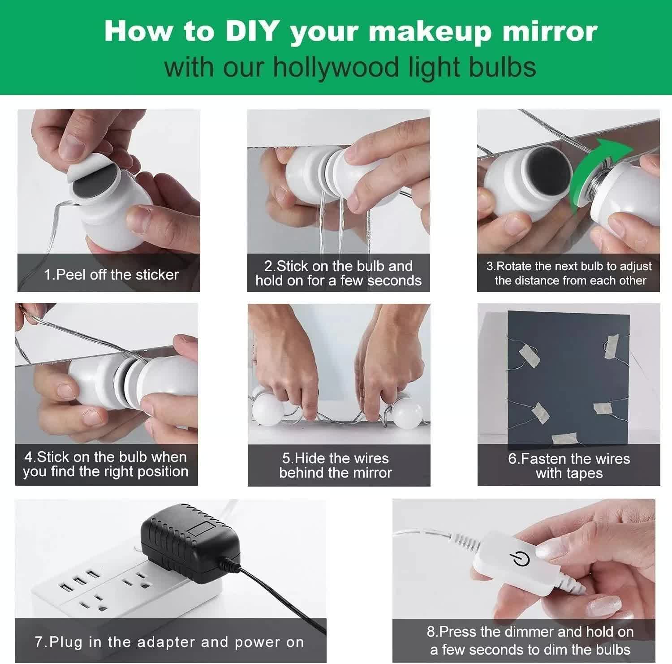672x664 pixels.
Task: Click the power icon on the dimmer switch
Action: [520, 559]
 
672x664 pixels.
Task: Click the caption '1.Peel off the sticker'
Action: [111, 274]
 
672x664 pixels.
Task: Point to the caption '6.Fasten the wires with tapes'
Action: [569, 466]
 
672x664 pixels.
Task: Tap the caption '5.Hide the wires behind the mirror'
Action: [336, 465]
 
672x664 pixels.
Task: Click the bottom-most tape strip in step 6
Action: [564, 439]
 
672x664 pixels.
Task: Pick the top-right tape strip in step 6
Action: [611, 347]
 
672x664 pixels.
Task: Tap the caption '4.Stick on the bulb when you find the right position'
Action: [106, 464]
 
